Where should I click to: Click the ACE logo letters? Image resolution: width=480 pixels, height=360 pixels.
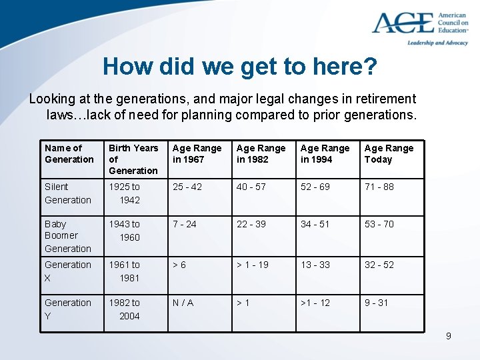[402, 23]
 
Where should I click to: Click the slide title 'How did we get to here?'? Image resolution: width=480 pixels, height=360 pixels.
[240, 67]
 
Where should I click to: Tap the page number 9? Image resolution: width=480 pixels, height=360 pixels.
[448, 336]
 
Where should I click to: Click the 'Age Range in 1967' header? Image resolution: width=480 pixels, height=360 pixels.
[197, 154]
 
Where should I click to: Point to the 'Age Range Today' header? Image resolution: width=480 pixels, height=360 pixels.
[389, 154]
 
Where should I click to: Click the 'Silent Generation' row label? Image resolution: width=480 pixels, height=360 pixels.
[68, 193]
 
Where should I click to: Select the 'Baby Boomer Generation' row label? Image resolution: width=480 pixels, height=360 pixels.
[68, 236]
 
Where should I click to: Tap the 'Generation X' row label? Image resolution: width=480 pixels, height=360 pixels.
[68, 271]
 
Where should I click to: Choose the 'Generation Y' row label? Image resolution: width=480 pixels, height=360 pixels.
[68, 309]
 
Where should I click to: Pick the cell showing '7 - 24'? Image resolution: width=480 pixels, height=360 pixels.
[185, 224]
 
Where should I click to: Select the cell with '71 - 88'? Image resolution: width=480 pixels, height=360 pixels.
[379, 187]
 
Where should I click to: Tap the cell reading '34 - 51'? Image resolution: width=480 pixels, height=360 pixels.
[315, 224]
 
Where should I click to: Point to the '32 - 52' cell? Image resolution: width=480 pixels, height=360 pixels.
[379, 265]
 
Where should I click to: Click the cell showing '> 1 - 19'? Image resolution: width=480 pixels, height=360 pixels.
[253, 265]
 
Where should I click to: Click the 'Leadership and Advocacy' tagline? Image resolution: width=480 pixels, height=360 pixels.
[437, 43]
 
